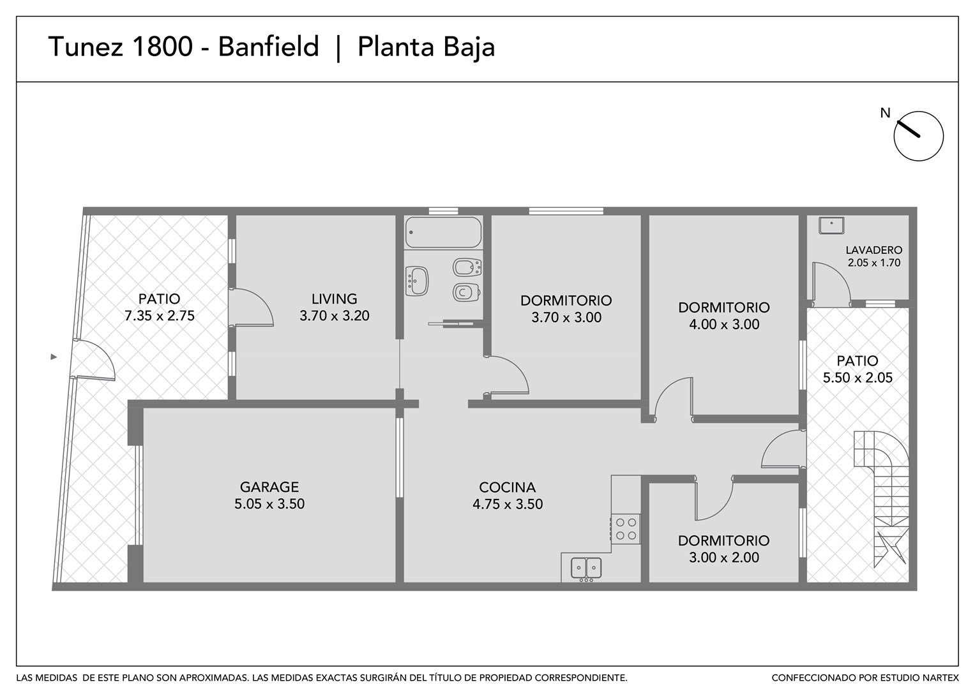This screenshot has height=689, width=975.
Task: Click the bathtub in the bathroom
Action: (x=443, y=232)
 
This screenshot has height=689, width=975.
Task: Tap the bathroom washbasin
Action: (x=416, y=281)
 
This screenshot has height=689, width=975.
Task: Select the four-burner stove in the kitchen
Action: (x=626, y=528)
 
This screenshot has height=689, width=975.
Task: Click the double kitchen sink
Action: (x=586, y=569)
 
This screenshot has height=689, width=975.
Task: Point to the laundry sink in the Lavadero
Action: (x=831, y=225)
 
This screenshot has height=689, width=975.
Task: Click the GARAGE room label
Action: (x=269, y=486)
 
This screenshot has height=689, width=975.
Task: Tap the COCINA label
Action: (x=507, y=487)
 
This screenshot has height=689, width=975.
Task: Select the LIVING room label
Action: (x=335, y=299)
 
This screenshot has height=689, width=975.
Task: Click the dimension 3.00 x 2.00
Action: (x=724, y=557)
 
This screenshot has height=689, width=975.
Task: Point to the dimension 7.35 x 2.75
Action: (x=160, y=315)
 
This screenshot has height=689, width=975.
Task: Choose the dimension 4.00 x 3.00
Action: (x=724, y=324)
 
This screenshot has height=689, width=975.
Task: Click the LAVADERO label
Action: (x=874, y=250)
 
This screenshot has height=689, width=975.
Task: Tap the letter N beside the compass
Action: (x=885, y=113)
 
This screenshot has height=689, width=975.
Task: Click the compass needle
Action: (x=907, y=129)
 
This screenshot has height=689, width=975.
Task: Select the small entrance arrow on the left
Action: (x=54, y=357)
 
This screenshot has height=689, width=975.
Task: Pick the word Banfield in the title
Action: (x=269, y=47)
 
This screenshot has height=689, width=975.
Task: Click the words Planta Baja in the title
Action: (x=426, y=48)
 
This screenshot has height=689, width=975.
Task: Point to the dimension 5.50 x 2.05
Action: (x=858, y=378)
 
